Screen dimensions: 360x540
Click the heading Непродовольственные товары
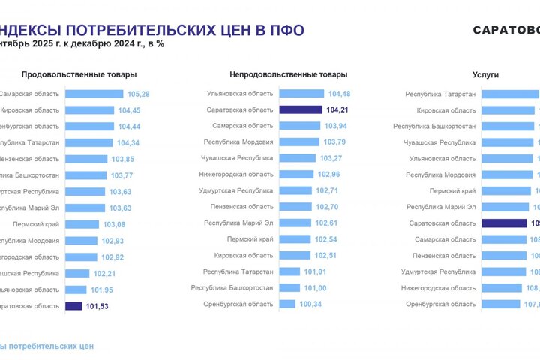click(x=289, y=75)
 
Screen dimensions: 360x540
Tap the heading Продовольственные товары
click(x=79, y=75)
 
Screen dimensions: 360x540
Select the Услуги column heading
click(x=486, y=75)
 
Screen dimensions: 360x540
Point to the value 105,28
click(x=139, y=94)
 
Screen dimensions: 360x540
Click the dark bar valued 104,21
click(x=301, y=109)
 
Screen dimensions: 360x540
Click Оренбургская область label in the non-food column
click(x=238, y=304)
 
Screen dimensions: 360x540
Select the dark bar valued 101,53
click(x=73, y=305)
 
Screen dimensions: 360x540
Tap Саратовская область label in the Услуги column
click(x=442, y=223)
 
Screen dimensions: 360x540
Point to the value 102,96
click(x=329, y=174)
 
